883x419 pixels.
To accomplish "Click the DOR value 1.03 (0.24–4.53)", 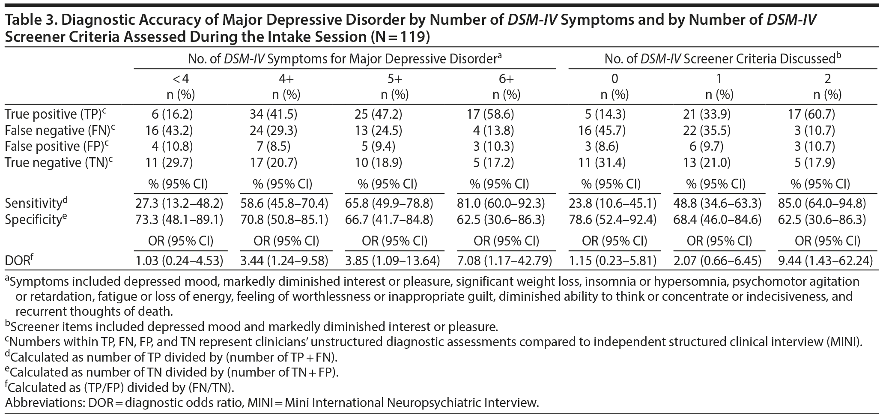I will [179, 260].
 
